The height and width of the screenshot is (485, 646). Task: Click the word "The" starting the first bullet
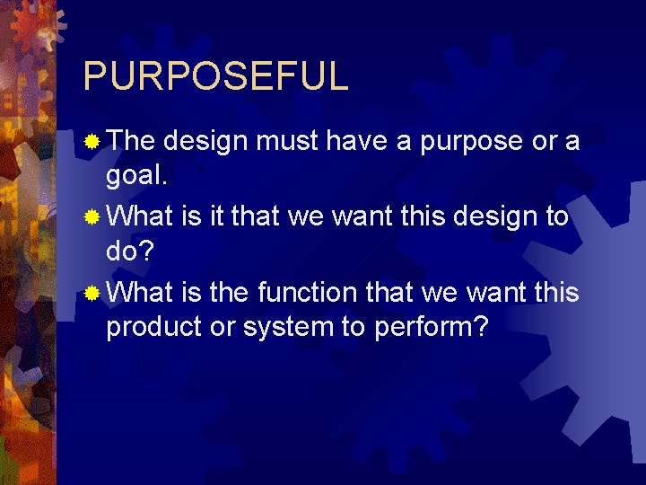(133, 141)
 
